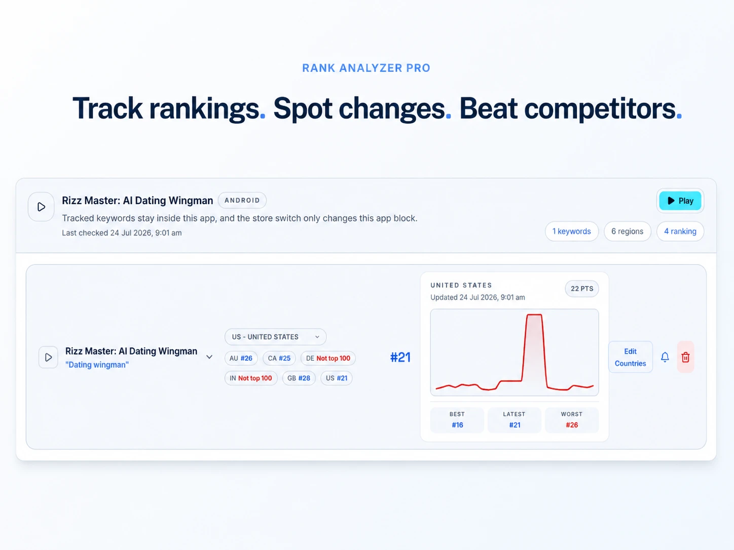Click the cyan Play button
tap(680, 201)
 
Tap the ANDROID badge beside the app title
tap(242, 201)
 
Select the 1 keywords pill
tap(571, 231)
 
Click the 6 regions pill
tap(628, 231)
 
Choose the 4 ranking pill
tap(680, 231)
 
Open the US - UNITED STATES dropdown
tap(276, 337)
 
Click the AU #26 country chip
tap(241, 359)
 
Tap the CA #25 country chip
tap(279, 359)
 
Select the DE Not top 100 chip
tap(328, 359)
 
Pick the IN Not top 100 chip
tap(251, 378)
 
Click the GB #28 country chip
tap(299, 378)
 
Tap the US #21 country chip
tap(337, 378)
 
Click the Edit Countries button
tap(630, 357)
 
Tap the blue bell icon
tap(665, 357)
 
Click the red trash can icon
tap(685, 357)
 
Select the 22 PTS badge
tap(582, 289)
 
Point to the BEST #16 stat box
tap(457, 420)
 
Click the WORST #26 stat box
tap(572, 420)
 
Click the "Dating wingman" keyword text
tap(97, 365)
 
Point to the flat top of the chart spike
tap(534, 315)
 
